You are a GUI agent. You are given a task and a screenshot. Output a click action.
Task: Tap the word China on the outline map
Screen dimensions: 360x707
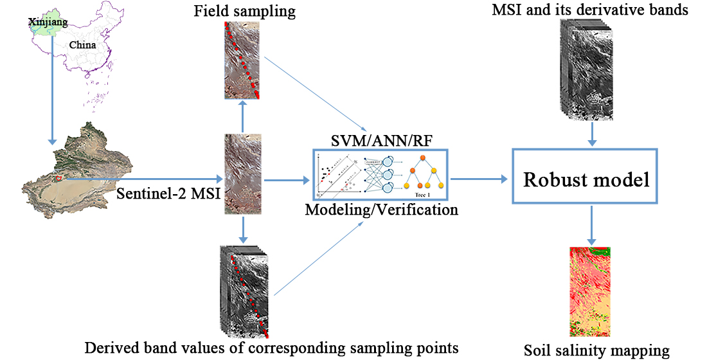tap(83, 45)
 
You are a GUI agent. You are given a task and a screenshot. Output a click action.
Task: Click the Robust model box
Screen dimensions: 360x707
tap(586, 179)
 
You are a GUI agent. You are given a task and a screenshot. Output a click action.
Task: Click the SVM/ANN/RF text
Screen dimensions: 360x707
tap(380, 141)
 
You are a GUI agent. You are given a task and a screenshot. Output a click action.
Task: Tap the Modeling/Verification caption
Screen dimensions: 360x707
tap(381, 210)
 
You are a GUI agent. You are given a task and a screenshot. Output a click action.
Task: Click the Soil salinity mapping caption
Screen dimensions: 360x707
tap(596, 350)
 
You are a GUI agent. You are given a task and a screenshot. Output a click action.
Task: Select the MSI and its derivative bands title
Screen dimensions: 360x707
tap(590, 10)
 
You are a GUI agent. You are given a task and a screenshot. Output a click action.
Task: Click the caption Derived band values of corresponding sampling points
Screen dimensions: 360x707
tap(271, 348)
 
